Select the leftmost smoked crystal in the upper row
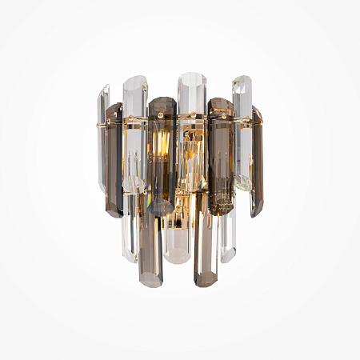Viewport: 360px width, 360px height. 114,160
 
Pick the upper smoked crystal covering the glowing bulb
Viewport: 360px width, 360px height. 162,152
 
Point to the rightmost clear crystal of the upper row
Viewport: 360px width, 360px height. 242,128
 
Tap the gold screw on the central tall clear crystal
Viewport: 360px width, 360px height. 191,117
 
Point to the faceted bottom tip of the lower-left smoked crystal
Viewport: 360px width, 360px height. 150,282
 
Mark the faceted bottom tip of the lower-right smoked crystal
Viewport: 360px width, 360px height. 206,282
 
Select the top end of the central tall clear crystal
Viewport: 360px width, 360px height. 191,77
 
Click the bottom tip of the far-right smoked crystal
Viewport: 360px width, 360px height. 256,214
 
